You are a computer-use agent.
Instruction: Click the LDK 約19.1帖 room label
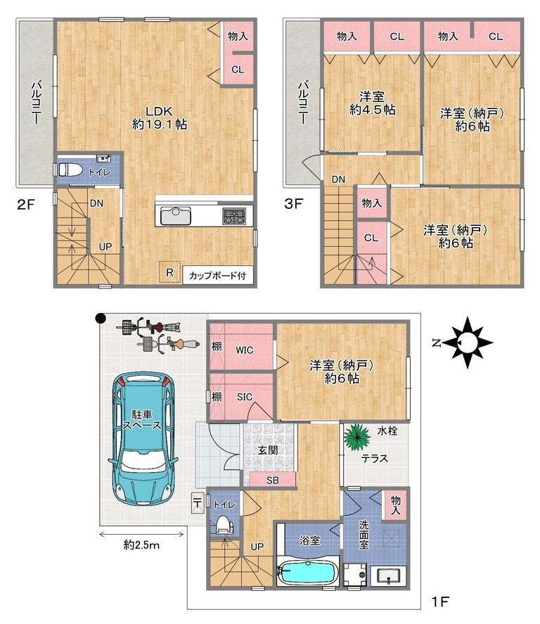tap(159, 117)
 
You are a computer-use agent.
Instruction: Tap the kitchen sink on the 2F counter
tap(175, 217)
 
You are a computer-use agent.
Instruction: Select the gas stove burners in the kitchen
tap(234, 217)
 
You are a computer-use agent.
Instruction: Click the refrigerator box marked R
tap(169, 272)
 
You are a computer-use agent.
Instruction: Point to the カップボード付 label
tap(217, 275)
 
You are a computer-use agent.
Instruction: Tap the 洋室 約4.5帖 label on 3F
tap(372, 103)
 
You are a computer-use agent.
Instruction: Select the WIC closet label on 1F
tap(244, 350)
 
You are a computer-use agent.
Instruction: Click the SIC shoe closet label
tap(245, 397)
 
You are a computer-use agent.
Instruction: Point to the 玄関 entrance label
tap(268, 450)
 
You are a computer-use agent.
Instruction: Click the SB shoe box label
tap(273, 480)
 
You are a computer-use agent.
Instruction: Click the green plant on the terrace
tap(356, 437)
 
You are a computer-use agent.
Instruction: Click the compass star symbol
tap(468, 342)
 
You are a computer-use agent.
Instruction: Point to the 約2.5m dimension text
tap(141, 545)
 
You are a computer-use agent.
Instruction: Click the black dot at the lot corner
tap(101, 317)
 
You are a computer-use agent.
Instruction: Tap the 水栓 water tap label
tap(387, 431)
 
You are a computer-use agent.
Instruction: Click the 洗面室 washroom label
tap(364, 535)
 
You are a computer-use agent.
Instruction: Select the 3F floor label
tap(293, 204)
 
